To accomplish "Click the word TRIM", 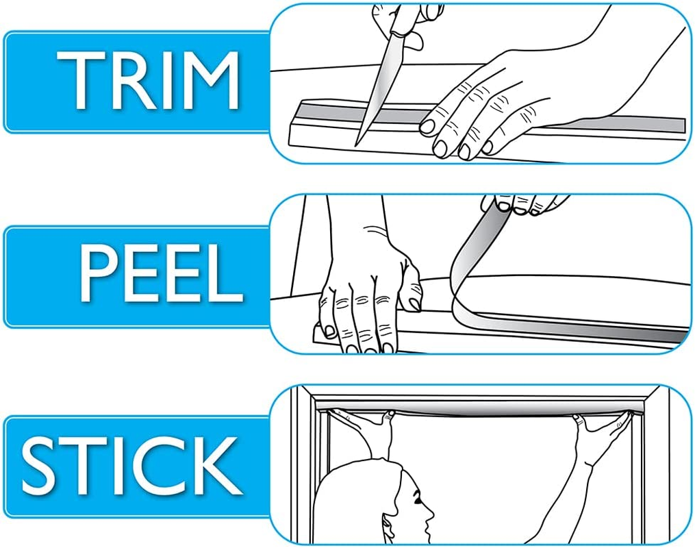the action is (x=148, y=80).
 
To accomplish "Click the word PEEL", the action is (x=162, y=273).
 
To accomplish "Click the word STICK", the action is (x=131, y=465).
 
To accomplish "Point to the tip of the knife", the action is (x=356, y=146).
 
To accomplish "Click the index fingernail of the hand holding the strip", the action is (x=428, y=127).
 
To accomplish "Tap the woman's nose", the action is (x=431, y=515).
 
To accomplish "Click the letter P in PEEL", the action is (x=97, y=273).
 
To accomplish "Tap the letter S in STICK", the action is (x=39, y=466).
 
